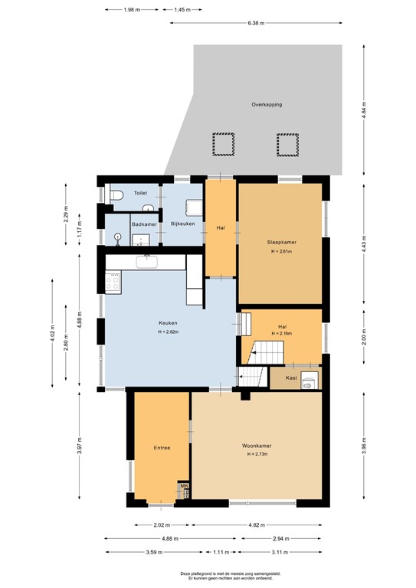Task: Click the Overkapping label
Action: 267,104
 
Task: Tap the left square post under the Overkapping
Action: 221,143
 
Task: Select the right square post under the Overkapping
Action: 286,143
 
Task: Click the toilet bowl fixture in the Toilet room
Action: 114,196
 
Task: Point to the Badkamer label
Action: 144,224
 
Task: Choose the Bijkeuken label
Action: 182,224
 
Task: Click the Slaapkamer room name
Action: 282,242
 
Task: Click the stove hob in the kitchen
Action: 113,282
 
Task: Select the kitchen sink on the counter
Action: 146,262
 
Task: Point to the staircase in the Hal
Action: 269,353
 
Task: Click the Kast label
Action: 291,378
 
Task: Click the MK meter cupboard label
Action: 183,486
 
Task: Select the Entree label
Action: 161,448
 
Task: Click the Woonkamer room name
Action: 257,446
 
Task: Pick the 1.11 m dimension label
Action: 222,552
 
